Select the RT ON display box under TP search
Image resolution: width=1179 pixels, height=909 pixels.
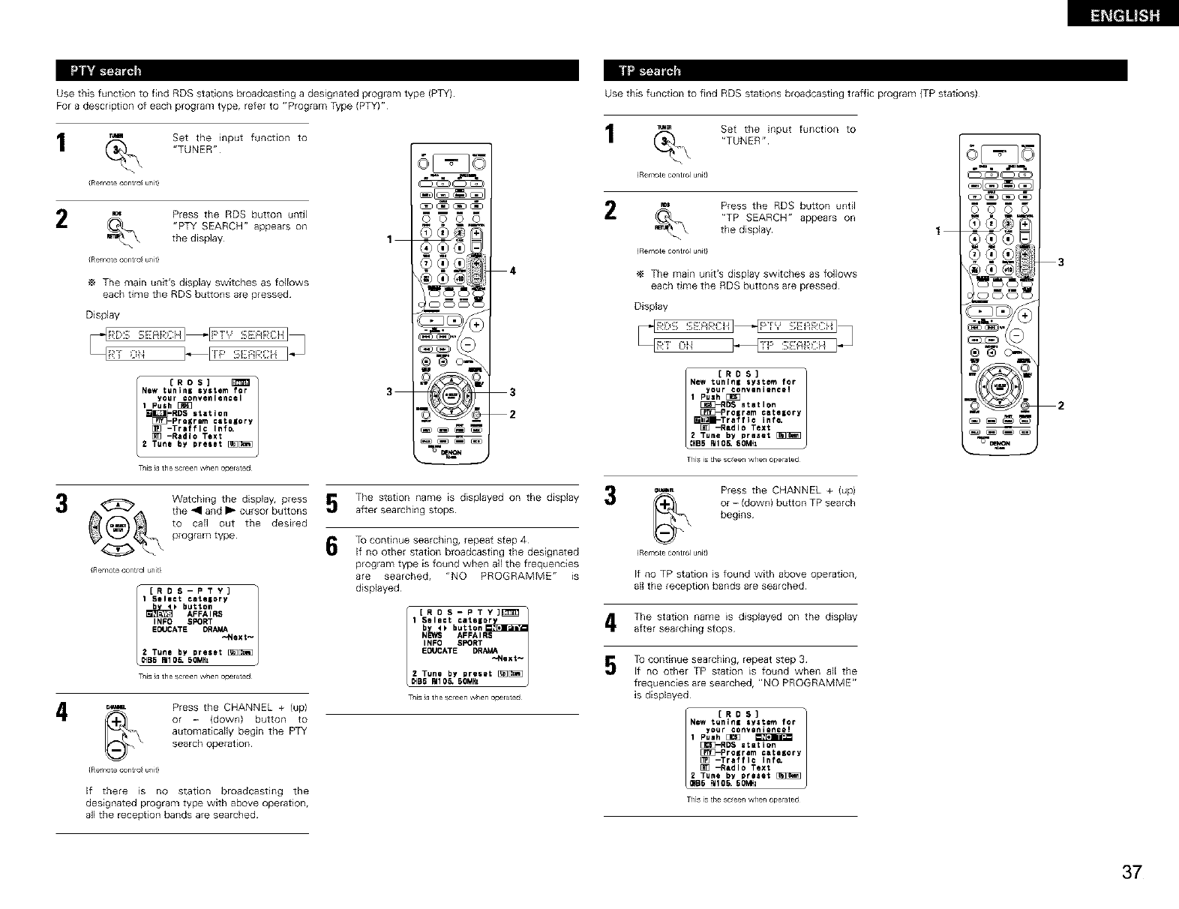click(694, 346)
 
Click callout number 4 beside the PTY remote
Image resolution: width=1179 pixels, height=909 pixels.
click(513, 271)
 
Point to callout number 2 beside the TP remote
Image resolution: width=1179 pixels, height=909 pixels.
click(1060, 406)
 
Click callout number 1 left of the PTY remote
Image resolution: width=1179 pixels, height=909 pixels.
click(388, 240)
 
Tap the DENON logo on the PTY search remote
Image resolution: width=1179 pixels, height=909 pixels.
click(450, 453)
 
